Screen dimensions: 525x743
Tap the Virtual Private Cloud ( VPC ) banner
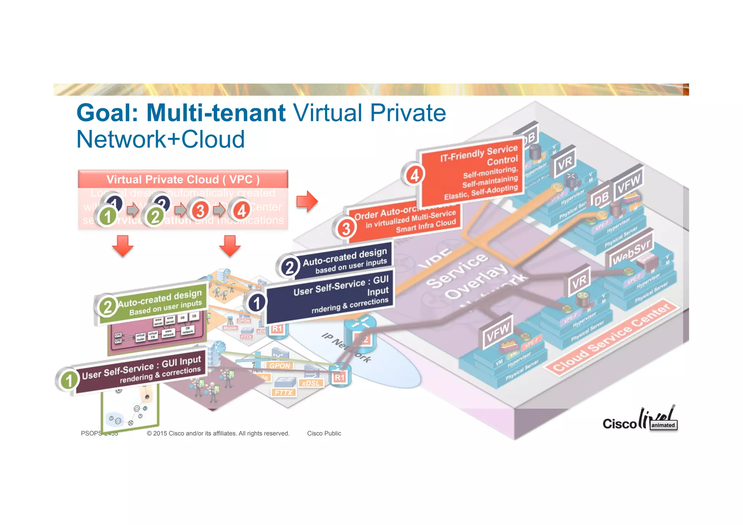pos(183,179)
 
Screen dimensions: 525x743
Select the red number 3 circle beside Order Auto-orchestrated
pos(346,229)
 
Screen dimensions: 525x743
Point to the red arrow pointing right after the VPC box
pos(307,201)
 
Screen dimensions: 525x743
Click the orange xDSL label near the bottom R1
pos(311,383)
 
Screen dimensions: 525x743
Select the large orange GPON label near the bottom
pos(280,366)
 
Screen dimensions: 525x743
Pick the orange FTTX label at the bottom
pos(283,393)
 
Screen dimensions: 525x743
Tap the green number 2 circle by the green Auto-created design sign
pos(107,307)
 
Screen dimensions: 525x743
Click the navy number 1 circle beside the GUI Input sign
pos(256,303)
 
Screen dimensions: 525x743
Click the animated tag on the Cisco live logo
pos(663,425)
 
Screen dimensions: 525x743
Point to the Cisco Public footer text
pos(324,433)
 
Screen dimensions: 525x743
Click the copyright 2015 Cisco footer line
pos(218,433)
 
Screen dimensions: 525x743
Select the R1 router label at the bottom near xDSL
pos(340,377)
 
